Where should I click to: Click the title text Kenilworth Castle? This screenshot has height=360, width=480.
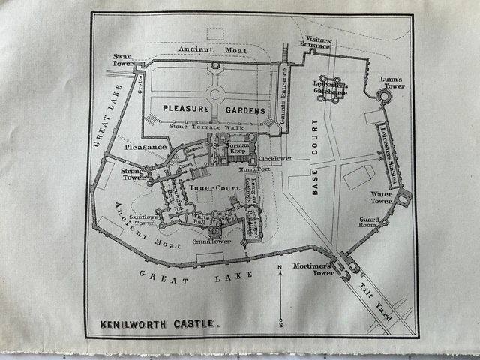tap(160, 325)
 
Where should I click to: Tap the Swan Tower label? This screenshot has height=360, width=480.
tap(122, 60)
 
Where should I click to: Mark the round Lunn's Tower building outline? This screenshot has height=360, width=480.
tap(384, 97)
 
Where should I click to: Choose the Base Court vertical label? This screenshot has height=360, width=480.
tap(315, 157)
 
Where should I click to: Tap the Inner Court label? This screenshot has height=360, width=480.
tap(211, 187)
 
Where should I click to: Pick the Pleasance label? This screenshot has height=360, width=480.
tap(145, 148)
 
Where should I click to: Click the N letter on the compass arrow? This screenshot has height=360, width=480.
tap(279, 267)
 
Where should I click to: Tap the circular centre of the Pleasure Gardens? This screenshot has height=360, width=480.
tap(216, 94)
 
